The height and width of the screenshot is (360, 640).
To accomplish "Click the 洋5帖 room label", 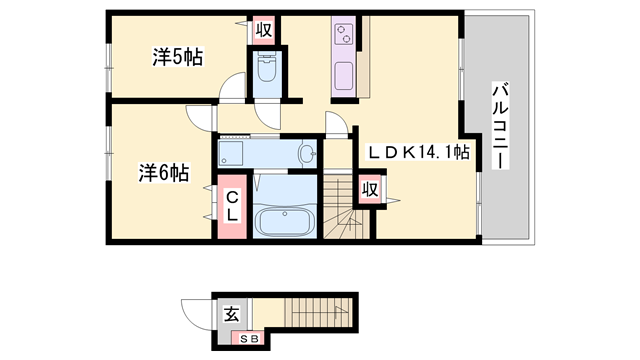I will pos(177,57).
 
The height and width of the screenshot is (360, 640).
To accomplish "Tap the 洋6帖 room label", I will pos(163,173).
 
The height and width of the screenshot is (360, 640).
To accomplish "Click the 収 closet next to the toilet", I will pos(264,30).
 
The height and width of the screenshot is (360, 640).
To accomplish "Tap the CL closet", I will pos(230,207).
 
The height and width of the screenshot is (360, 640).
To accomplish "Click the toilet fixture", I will pos(267,69).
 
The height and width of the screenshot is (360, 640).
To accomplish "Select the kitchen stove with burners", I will pos(343,37).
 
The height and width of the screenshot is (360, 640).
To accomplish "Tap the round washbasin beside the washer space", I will pos(308,153).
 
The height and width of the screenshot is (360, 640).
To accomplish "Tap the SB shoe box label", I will pos(246,339).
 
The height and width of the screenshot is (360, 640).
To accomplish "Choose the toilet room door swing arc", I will pos(270,115).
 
